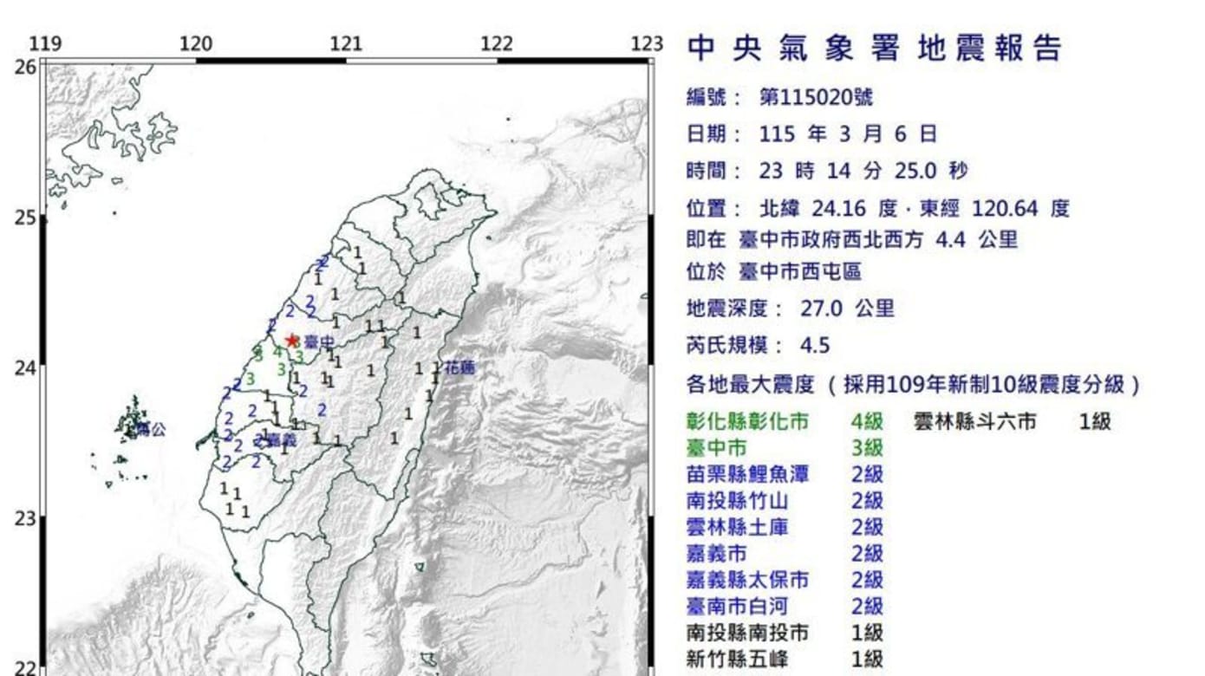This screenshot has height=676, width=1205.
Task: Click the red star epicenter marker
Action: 291,341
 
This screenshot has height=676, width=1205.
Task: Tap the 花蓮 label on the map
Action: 459,368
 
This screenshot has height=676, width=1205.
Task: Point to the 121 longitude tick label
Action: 346,44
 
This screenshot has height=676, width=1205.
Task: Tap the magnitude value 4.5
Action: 814,346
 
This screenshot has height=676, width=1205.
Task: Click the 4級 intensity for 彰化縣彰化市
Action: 866,422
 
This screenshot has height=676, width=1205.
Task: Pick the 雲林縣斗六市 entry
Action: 975,422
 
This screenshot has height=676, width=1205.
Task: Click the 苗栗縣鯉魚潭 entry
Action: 737,474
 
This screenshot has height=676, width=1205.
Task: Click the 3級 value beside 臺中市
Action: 866,448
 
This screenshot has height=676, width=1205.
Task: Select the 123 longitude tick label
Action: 646,44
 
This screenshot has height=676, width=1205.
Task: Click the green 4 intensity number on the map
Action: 277,352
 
